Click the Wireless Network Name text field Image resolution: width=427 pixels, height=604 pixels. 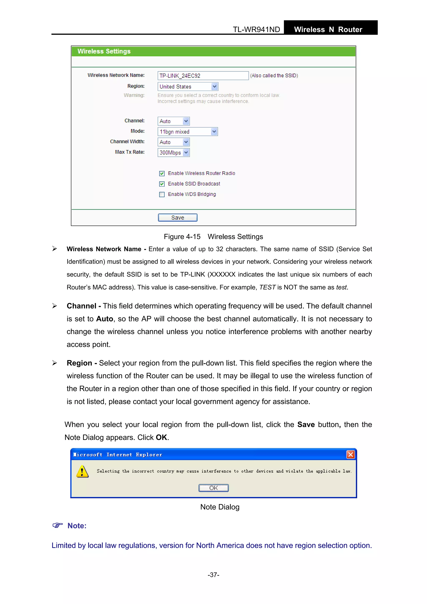pyautogui.click(x=203, y=75)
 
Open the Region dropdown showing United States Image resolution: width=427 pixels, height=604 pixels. pyautogui.click(x=188, y=87)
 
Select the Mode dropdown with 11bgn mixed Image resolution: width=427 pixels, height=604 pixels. pyautogui.click(x=188, y=132)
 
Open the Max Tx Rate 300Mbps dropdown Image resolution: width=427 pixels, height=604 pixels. pyautogui.click(x=174, y=153)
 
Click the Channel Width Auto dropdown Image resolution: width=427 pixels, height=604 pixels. pyautogui.click(x=174, y=142)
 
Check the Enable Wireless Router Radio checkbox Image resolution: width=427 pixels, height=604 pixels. pyautogui.click(x=162, y=173)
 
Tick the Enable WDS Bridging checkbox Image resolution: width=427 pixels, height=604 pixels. pyautogui.click(x=162, y=194)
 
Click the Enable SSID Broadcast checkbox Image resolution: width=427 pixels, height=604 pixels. pyautogui.click(x=162, y=184)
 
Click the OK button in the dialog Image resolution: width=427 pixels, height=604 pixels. pyautogui.click(x=213, y=488)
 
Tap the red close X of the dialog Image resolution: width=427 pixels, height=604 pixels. pyautogui.click(x=350, y=455)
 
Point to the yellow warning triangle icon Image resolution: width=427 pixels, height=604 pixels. pyautogui.click(x=82, y=471)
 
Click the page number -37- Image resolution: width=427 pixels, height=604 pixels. pyautogui.click(x=213, y=575)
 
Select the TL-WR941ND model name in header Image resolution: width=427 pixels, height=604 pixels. pyautogui.click(x=256, y=29)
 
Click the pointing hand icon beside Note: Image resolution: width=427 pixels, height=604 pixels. pyautogui.click(x=58, y=525)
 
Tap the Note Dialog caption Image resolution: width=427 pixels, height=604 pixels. pyautogui.click(x=220, y=507)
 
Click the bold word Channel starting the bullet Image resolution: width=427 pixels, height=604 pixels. pyautogui.click(x=81, y=306)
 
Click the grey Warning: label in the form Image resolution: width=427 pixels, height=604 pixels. pyautogui.click(x=134, y=95)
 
